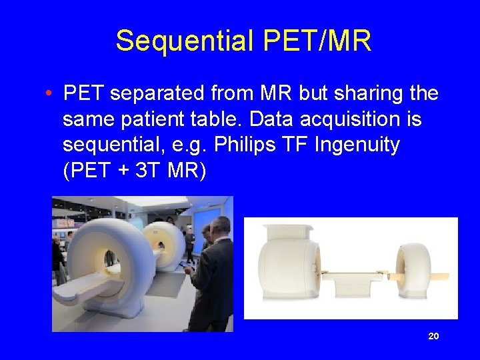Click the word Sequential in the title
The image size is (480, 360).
185,41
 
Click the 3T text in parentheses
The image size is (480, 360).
150,171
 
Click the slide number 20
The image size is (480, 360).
433,337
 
